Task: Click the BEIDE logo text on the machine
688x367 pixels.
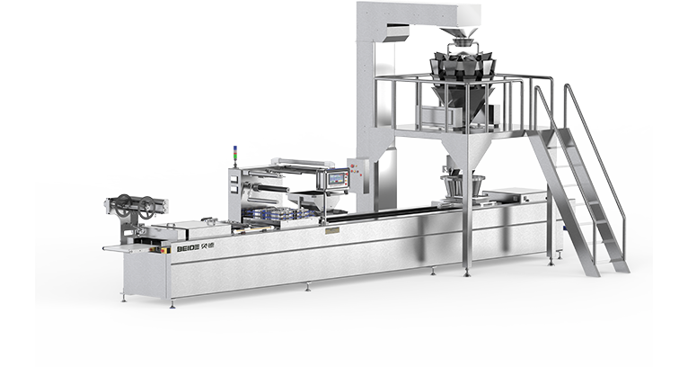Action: tap(195, 247)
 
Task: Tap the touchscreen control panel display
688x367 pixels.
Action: tap(337, 179)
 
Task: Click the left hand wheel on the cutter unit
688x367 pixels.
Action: tap(123, 202)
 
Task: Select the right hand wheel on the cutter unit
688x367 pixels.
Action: tap(146, 206)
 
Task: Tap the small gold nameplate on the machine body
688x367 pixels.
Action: tap(332, 230)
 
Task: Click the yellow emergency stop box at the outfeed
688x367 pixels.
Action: tap(165, 250)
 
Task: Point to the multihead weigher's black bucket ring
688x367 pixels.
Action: tap(463, 67)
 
